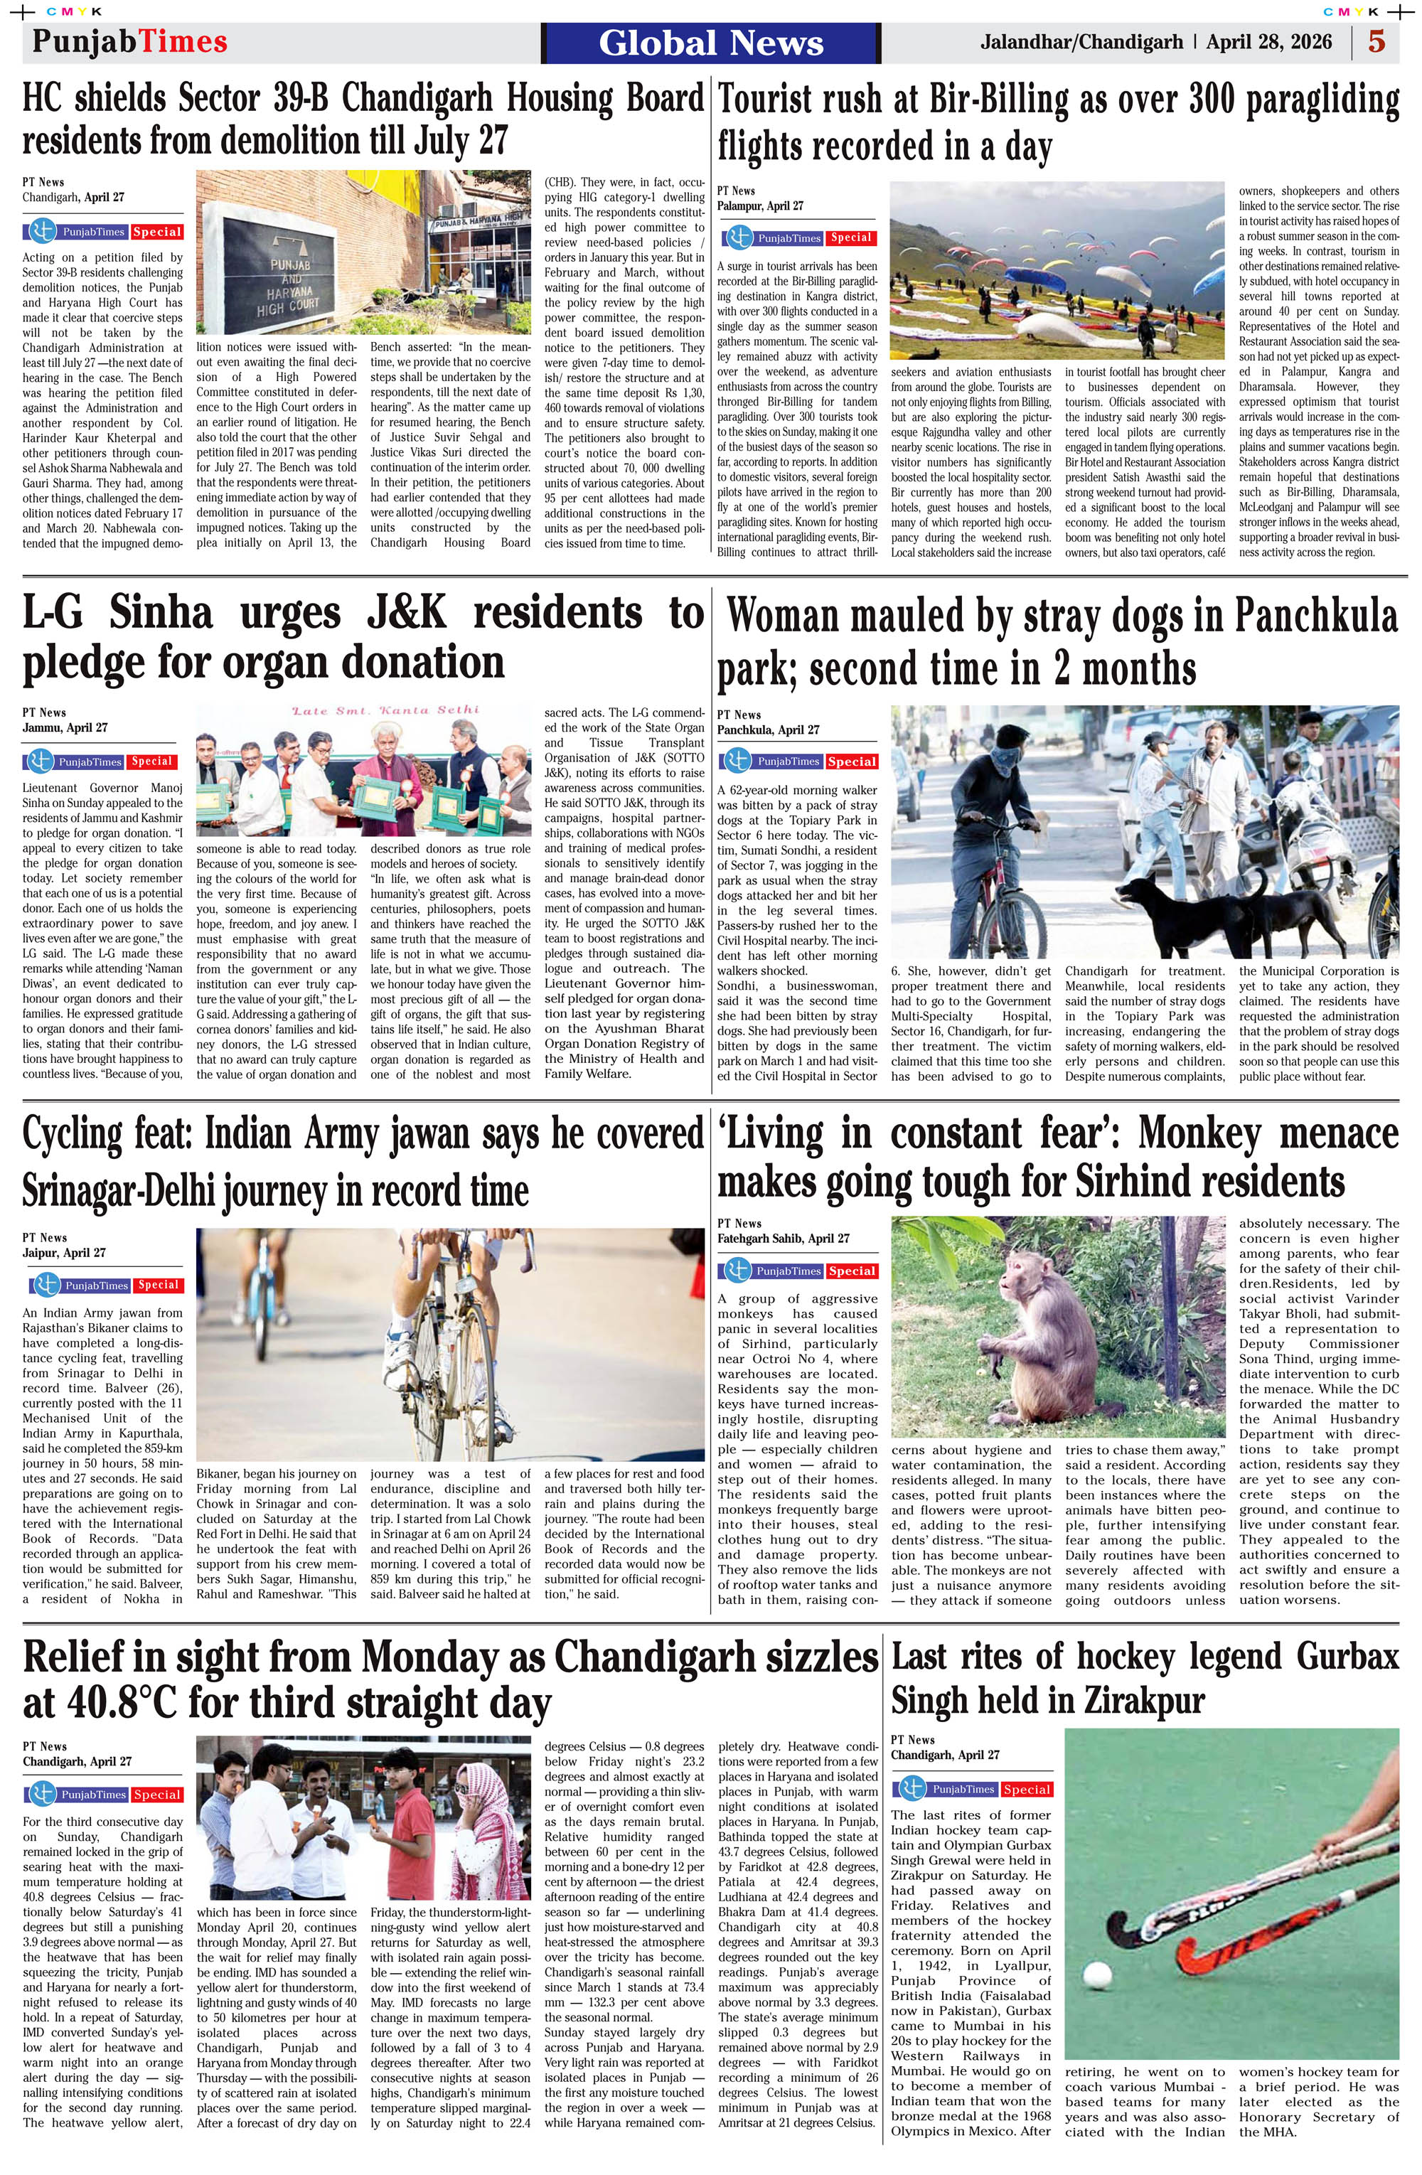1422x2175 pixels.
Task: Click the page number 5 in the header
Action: (1376, 42)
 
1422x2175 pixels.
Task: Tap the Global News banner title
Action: (711, 43)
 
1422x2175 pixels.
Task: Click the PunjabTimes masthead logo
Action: (129, 41)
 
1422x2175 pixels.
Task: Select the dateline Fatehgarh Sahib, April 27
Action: (784, 1239)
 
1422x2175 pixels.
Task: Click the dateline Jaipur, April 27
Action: (64, 1253)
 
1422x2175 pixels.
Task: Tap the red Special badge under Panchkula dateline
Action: (852, 761)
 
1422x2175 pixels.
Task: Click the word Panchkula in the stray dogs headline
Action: (1316, 617)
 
